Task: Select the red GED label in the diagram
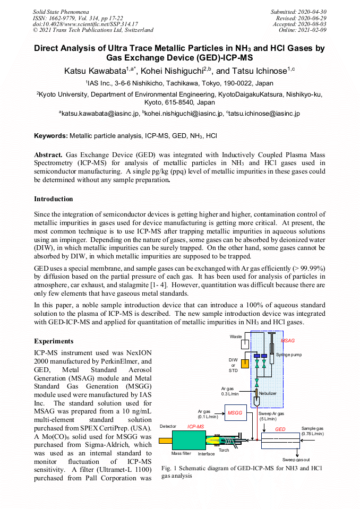click(280, 429)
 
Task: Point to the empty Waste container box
click(245, 344)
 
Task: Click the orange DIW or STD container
click(245, 364)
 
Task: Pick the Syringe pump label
click(289, 354)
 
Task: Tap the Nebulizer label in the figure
click(268, 393)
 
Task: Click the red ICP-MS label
click(195, 426)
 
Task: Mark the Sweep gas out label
click(296, 460)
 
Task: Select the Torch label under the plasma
click(224, 450)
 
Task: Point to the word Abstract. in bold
click(48, 154)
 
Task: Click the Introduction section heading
click(54, 199)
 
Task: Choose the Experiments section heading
click(54, 341)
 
